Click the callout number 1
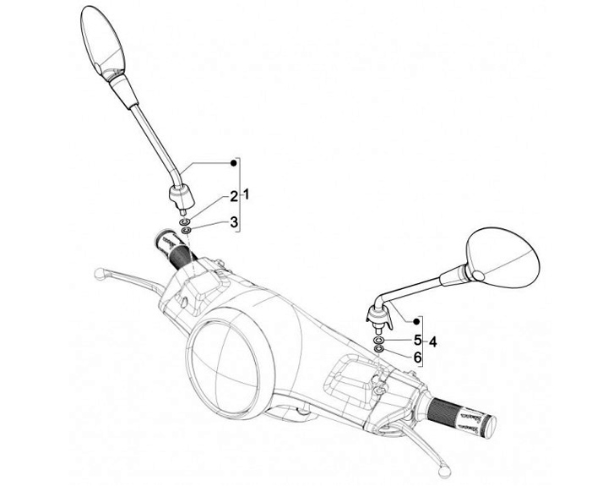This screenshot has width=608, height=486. click(x=246, y=194)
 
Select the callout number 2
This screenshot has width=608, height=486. click(x=235, y=196)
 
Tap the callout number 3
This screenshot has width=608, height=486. click(x=235, y=221)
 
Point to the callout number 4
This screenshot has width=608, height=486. click(x=432, y=341)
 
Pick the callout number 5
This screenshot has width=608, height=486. click(x=417, y=340)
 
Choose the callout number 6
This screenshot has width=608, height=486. click(x=417, y=358)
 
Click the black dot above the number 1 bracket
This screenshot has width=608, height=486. click(x=234, y=161)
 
